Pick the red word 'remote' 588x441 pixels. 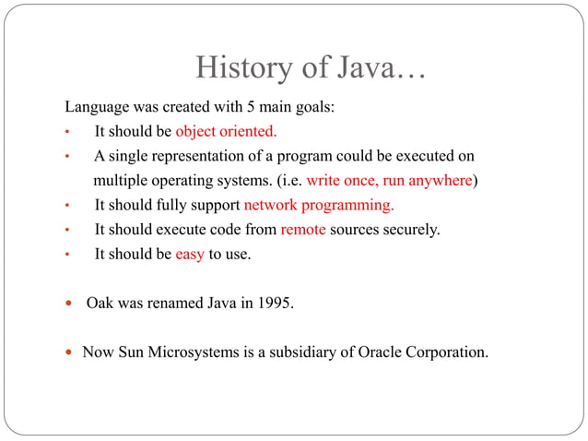coord(303,230)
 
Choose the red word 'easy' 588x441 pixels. coord(190,255)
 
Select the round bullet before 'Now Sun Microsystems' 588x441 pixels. coord(70,352)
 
